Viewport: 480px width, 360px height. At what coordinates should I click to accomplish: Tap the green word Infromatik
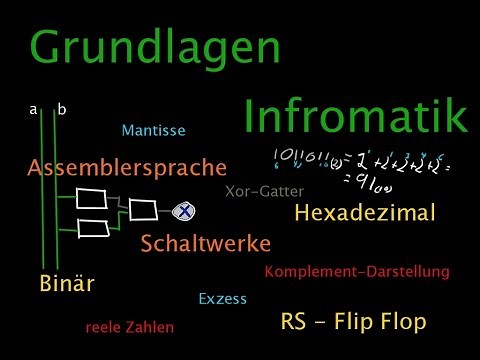point(356,119)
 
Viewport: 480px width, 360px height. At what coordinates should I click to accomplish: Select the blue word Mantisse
point(153,131)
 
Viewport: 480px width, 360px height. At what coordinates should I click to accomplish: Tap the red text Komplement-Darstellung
point(357,271)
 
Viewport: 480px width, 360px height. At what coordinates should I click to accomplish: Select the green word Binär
point(67,283)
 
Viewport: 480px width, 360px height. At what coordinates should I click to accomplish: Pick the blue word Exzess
point(222,298)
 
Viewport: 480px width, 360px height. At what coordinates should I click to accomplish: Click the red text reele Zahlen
point(129,326)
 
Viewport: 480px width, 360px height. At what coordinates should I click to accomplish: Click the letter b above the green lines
point(62,110)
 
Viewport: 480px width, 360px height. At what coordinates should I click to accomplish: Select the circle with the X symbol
point(184,210)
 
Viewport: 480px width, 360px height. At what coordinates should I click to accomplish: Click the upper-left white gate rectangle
point(92,197)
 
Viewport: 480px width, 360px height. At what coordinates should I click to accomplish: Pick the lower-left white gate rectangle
point(92,228)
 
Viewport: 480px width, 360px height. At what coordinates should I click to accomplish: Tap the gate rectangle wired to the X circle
point(142,209)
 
